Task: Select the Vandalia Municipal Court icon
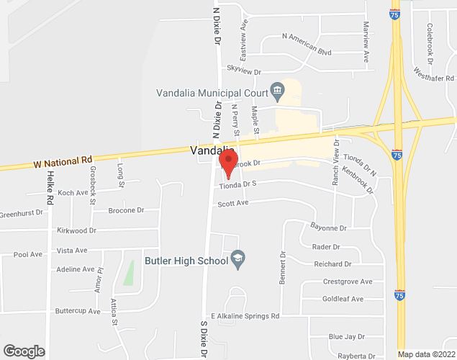pos(276,91)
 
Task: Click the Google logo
pos(24,351)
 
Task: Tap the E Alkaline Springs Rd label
pos(245,316)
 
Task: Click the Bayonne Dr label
pos(328,228)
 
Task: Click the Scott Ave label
pos(232,204)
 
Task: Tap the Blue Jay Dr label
pos(346,336)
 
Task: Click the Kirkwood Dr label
pos(76,230)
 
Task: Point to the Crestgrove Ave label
pos(348,282)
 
